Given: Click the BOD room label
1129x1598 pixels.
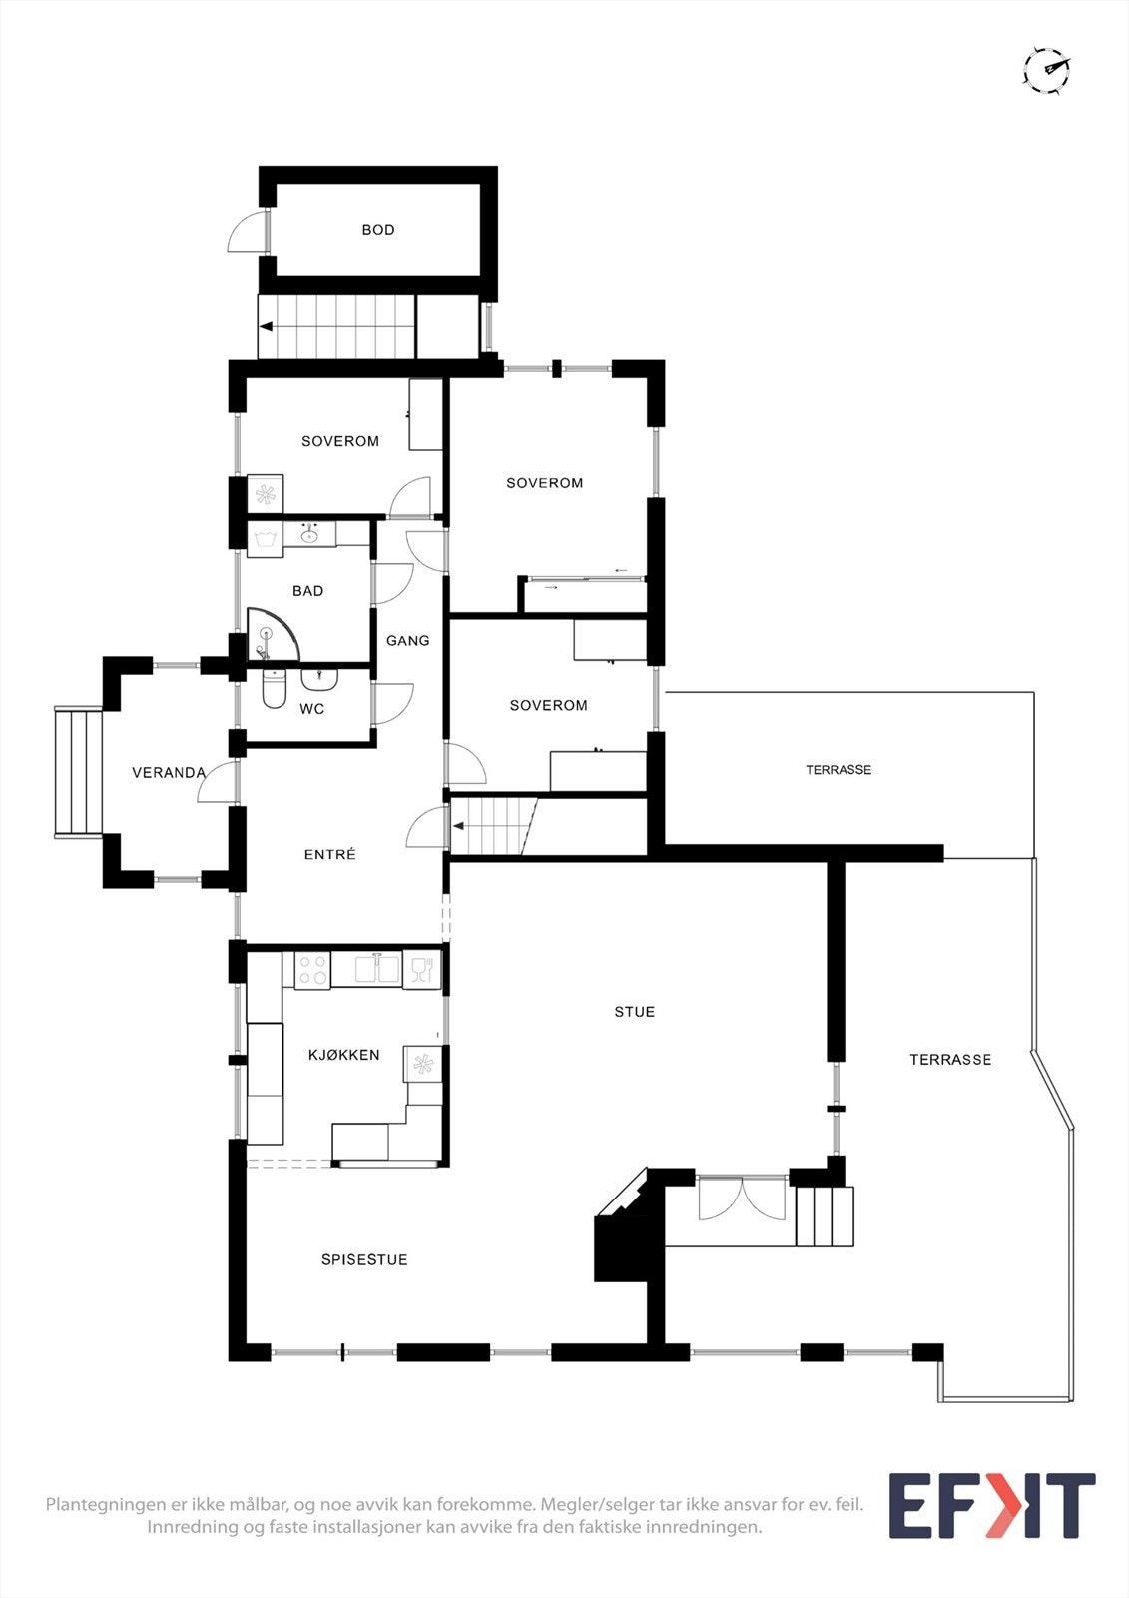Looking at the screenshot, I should [378, 230].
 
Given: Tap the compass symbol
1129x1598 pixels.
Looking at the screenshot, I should [1047, 70].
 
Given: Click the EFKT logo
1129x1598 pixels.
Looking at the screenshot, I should [991, 1506].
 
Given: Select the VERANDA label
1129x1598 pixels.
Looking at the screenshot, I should [169, 772].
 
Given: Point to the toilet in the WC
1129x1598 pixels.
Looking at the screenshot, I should [274, 690].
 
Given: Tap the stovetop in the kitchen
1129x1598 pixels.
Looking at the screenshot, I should [312, 970].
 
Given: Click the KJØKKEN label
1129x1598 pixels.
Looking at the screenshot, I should [343, 1054].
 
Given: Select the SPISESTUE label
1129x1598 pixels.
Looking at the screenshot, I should [364, 1259].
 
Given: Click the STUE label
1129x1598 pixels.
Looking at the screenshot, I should [635, 1012].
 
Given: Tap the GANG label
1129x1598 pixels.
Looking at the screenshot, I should [408, 640].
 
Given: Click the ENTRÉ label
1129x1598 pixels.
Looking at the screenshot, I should [329, 854].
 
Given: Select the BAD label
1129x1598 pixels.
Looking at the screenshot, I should [308, 591].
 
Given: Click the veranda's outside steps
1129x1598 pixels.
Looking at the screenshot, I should [80, 772].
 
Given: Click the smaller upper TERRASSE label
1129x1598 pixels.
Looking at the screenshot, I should [839, 769].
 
